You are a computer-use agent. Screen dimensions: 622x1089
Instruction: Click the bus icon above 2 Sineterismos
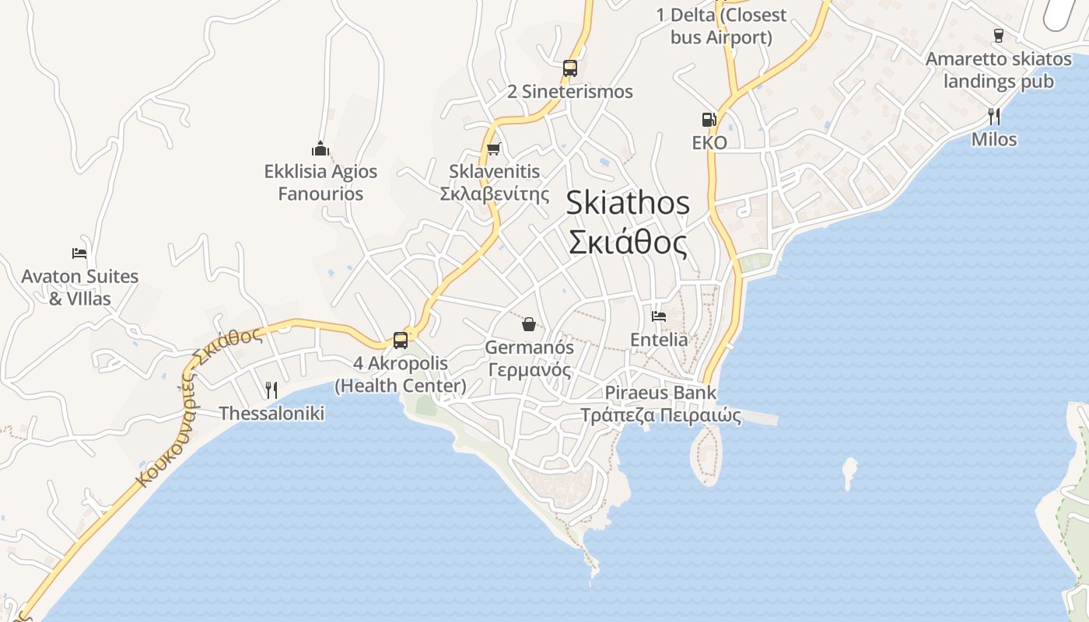point(570,68)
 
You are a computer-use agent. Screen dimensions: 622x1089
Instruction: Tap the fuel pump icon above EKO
point(709,119)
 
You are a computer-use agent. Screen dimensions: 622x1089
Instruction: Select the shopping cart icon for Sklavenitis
point(493,149)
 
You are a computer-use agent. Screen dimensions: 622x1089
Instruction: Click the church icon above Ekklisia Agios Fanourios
point(320,148)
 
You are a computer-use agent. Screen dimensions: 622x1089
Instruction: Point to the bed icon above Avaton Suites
point(79,253)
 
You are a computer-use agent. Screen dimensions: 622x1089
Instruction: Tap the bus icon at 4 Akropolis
point(401,340)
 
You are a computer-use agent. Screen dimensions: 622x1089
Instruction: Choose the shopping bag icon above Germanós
point(529,323)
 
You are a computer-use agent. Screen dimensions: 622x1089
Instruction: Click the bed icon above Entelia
point(659,316)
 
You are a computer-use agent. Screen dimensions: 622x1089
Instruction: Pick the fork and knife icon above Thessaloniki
point(271,390)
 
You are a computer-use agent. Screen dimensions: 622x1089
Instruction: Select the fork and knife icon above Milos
point(993,117)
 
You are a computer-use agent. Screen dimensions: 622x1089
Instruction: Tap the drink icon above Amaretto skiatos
point(999,35)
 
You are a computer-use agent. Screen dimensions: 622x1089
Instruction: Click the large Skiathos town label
point(627,203)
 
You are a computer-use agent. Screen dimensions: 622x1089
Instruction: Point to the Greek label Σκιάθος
point(627,243)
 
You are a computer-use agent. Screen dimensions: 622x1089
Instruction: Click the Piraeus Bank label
point(660,393)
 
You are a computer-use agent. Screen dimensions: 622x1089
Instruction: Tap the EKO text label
point(709,142)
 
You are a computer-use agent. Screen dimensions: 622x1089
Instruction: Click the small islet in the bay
point(849,471)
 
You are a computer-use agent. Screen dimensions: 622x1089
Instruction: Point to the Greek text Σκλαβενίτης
point(495,194)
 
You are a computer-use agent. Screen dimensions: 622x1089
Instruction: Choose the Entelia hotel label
point(659,340)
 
